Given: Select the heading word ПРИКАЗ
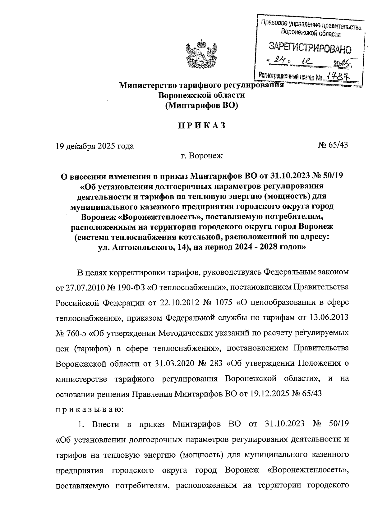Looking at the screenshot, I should click(201, 126).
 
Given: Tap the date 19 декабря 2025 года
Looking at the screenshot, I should click(95, 146).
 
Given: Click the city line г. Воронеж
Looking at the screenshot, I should click(201, 155).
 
